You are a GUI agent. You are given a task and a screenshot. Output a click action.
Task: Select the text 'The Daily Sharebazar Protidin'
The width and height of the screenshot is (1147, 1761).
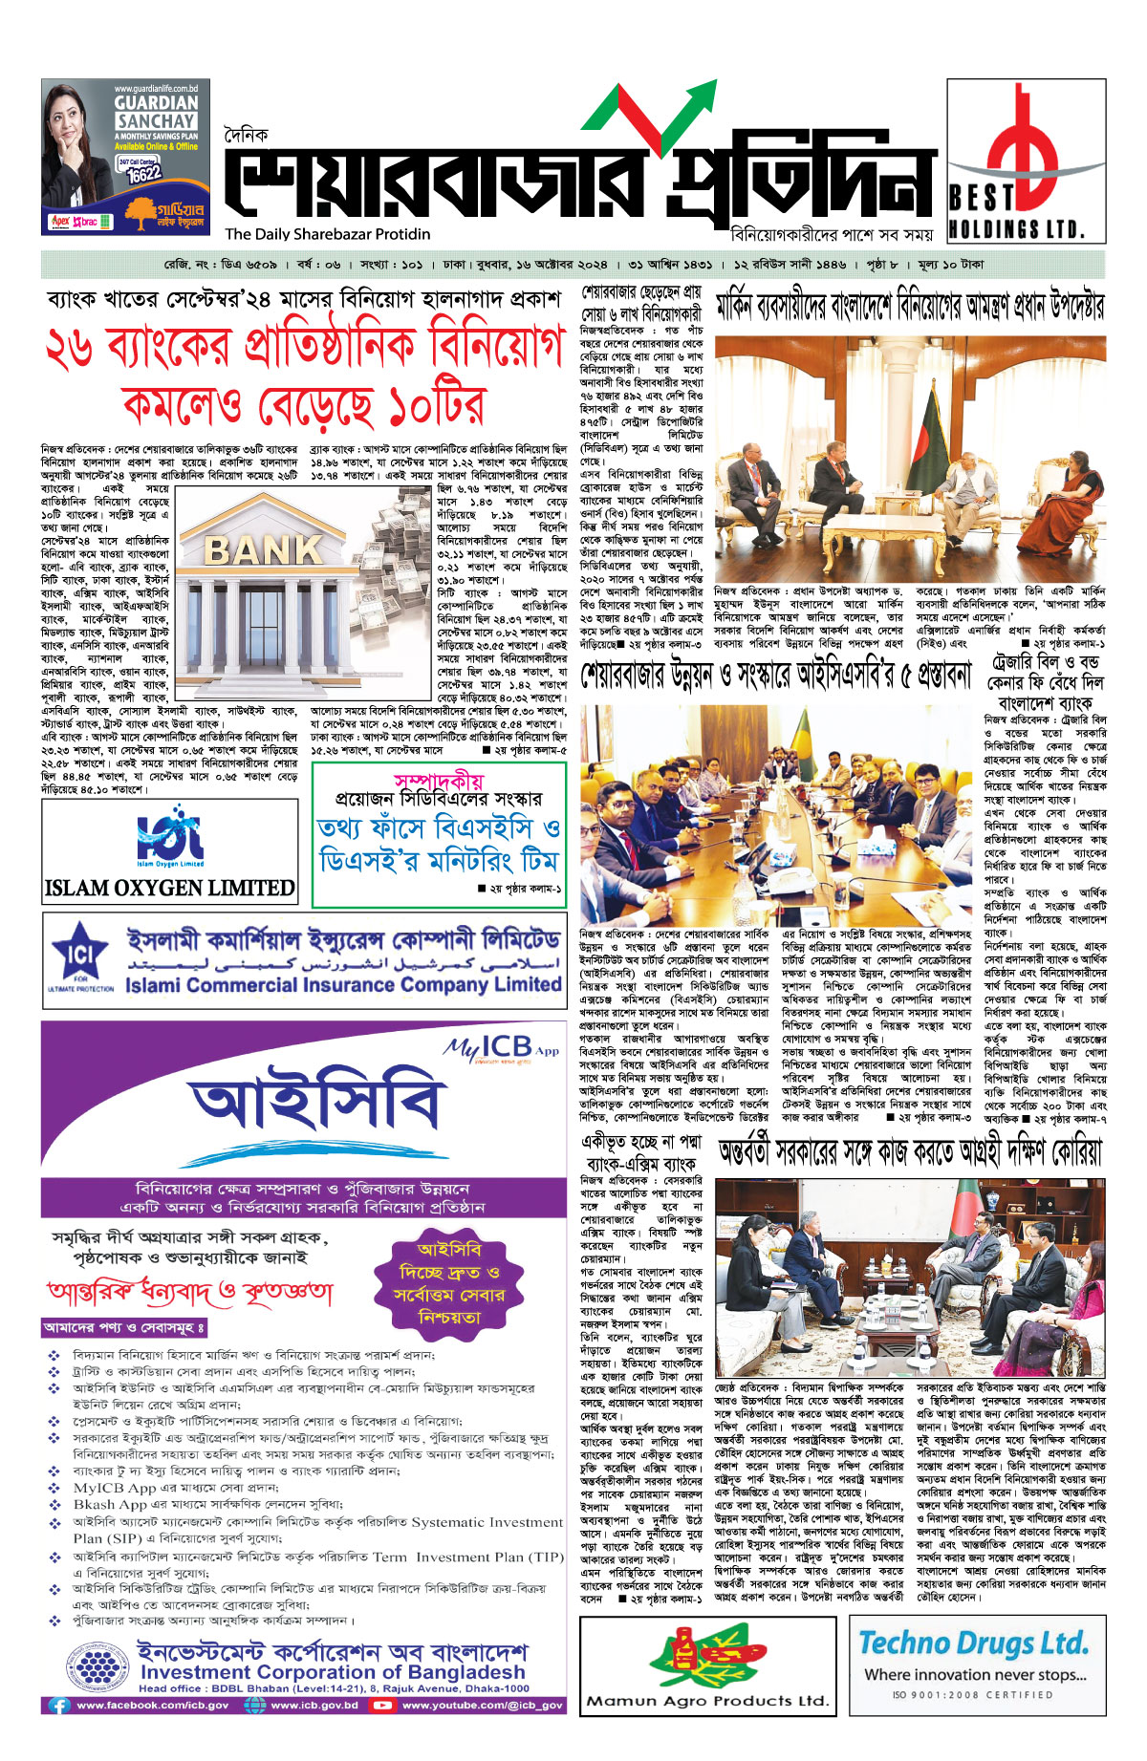[x=328, y=234]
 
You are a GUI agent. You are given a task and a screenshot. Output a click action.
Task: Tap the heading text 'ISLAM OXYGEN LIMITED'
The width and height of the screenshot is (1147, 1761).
[x=170, y=888]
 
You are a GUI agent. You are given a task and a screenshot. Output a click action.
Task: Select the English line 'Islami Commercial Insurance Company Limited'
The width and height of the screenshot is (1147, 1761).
[x=343, y=983]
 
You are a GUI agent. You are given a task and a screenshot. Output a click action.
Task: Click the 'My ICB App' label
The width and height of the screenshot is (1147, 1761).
[x=501, y=1048]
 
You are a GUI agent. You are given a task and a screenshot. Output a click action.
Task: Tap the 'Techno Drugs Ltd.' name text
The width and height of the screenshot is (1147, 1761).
[x=973, y=1643]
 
